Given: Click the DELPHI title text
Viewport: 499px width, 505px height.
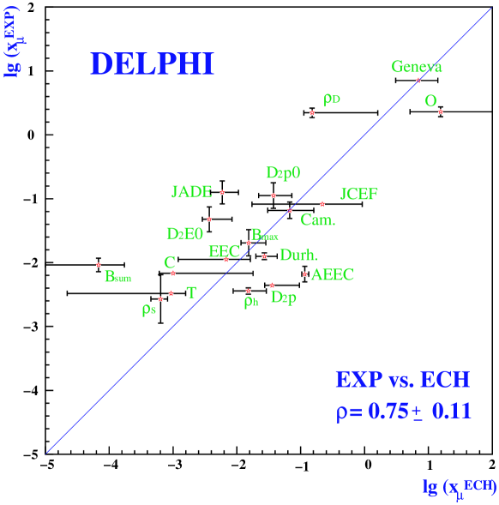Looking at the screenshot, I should click(152, 64).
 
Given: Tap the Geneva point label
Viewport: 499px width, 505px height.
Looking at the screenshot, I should click(417, 66).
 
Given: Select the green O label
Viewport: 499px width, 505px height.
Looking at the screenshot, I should click(430, 101).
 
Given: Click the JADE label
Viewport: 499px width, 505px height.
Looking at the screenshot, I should click(191, 191).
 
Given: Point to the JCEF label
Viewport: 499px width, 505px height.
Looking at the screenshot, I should click(358, 194).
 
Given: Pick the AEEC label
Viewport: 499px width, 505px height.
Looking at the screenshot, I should click(332, 275).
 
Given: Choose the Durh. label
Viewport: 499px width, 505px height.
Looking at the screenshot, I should click(298, 255).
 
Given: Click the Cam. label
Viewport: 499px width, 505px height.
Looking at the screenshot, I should click(318, 220).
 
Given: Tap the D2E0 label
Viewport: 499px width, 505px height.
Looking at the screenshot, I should click(184, 233).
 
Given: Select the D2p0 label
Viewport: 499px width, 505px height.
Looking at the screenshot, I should click(283, 173).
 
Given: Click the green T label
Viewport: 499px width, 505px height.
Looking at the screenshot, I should click(191, 293).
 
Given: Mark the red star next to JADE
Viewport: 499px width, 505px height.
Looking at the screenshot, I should click(222, 193).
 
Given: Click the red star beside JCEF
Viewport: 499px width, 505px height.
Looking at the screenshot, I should click(322, 204).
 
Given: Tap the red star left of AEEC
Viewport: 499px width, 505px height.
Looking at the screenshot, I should click(304, 274).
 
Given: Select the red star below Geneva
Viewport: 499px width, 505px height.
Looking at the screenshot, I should click(418, 81).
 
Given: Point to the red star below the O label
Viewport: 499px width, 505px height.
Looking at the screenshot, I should click(441, 112).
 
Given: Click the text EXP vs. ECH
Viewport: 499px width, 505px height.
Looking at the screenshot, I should click(402, 380).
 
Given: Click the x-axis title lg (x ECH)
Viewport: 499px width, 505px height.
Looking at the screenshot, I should click(460, 486).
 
